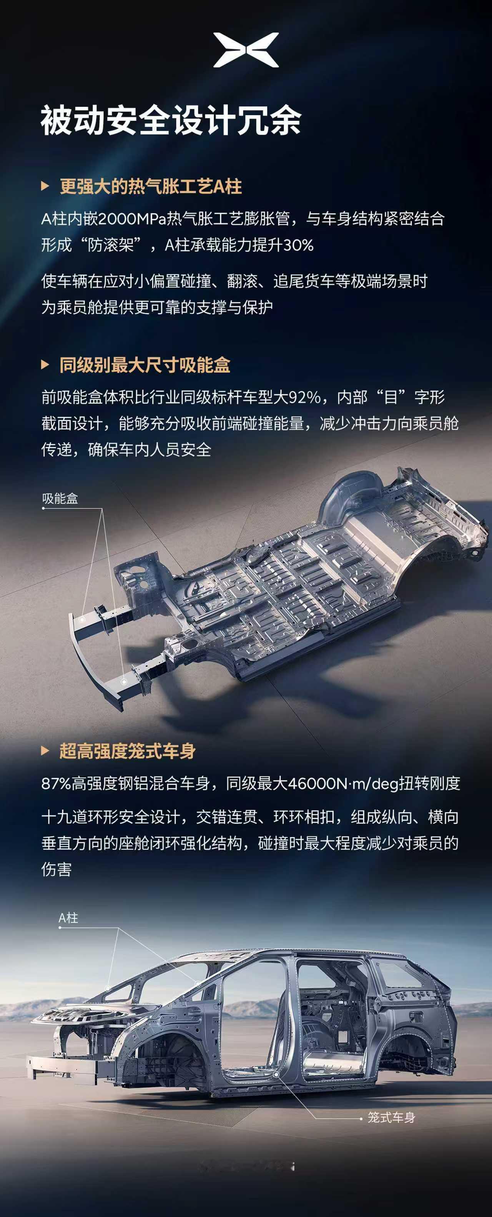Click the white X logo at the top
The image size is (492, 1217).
click(x=246, y=50)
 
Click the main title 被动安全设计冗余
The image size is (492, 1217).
click(x=171, y=121)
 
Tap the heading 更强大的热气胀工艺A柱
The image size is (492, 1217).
click(x=151, y=187)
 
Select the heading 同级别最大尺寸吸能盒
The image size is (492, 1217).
click(x=145, y=365)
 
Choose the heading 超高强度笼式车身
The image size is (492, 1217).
click(x=128, y=751)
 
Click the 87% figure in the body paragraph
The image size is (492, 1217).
click(x=57, y=784)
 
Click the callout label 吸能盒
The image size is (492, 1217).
click(x=60, y=498)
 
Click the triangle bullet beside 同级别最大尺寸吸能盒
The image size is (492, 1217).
click(x=45, y=365)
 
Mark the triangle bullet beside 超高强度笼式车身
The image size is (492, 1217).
click(x=45, y=751)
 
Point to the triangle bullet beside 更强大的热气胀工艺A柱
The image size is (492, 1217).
click(x=45, y=186)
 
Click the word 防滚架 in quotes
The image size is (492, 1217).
click(x=111, y=245)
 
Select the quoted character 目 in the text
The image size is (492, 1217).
click(x=391, y=397)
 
